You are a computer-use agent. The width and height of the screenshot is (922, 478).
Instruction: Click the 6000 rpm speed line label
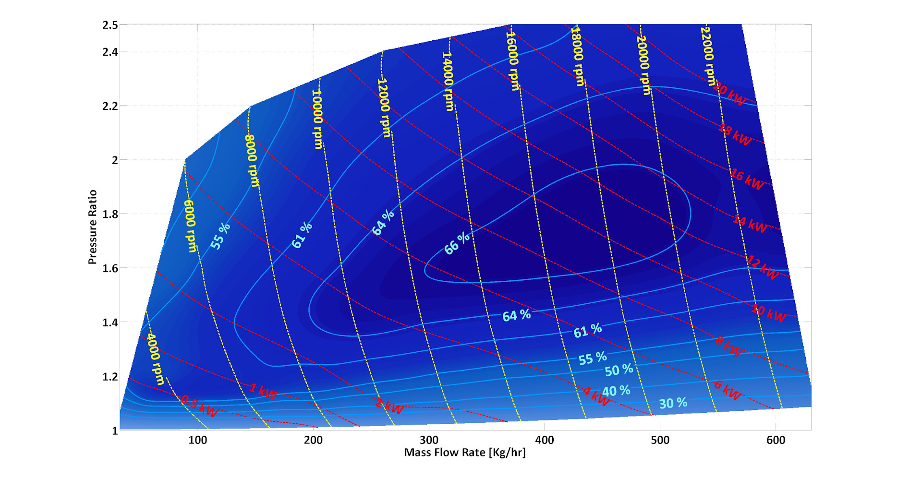coord(190,226)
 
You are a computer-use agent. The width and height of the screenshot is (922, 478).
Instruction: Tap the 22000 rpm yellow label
coord(708,56)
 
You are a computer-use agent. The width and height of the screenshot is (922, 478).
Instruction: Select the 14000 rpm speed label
coord(448,82)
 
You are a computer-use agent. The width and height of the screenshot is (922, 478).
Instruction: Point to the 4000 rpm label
coord(156,359)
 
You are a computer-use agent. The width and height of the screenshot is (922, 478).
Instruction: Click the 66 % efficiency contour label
coord(457,243)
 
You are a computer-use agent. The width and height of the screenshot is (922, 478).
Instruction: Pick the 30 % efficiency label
coord(673,403)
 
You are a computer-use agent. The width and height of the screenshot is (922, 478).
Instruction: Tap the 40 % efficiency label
coord(616,391)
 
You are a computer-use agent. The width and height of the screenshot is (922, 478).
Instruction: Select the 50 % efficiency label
coord(619,370)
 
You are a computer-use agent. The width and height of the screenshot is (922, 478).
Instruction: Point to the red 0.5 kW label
coord(199,406)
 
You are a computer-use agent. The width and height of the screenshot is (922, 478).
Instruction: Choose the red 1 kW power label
coord(263,392)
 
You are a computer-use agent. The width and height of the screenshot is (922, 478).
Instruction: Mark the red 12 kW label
coord(763,268)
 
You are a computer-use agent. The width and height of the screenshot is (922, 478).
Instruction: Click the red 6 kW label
coord(728,390)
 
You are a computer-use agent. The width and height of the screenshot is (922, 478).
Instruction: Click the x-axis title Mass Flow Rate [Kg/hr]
coord(464,453)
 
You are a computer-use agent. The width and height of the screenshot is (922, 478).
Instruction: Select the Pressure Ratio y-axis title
coord(93,227)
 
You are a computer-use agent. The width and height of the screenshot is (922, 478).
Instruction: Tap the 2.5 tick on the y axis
coord(110,25)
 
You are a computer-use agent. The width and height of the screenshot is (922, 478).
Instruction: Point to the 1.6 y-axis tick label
coord(110,268)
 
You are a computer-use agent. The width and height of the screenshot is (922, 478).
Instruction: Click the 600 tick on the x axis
coord(776,440)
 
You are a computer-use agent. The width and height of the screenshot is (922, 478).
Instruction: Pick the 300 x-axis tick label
coord(429,440)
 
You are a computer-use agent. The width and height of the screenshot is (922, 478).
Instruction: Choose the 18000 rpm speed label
coord(577,57)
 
